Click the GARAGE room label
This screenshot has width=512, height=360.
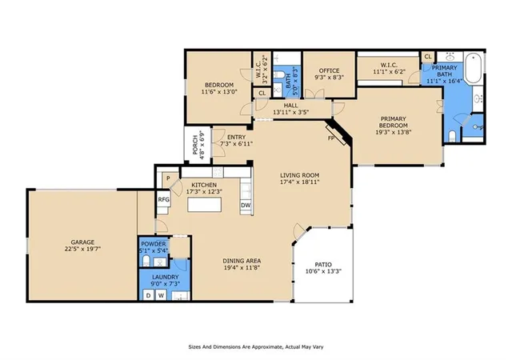tap(82, 242)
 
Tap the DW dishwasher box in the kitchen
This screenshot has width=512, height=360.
tap(246, 206)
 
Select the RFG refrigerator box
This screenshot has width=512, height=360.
tap(163, 199)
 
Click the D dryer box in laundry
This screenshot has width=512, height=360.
tap(149, 296)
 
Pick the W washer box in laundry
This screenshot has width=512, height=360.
tap(161, 296)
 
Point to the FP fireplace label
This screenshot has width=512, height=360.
tap(331, 138)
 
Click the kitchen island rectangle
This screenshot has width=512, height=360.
tap(205, 205)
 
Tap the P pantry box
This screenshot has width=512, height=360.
tap(168, 178)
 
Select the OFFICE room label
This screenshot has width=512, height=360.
tap(329, 70)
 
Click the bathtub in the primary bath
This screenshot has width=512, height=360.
tap(473, 69)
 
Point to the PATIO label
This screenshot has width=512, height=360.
tap(323, 264)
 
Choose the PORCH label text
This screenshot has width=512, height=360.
tap(195, 145)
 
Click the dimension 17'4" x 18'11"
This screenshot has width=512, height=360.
tap(299, 182)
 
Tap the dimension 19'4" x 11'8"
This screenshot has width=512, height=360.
tap(242, 267)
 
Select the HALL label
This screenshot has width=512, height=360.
tap(290, 106)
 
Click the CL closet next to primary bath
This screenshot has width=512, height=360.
tap(428, 57)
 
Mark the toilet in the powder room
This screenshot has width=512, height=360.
tap(146, 261)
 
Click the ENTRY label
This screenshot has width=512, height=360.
tap(237, 138)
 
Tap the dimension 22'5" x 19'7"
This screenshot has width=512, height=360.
tap(82, 249)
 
